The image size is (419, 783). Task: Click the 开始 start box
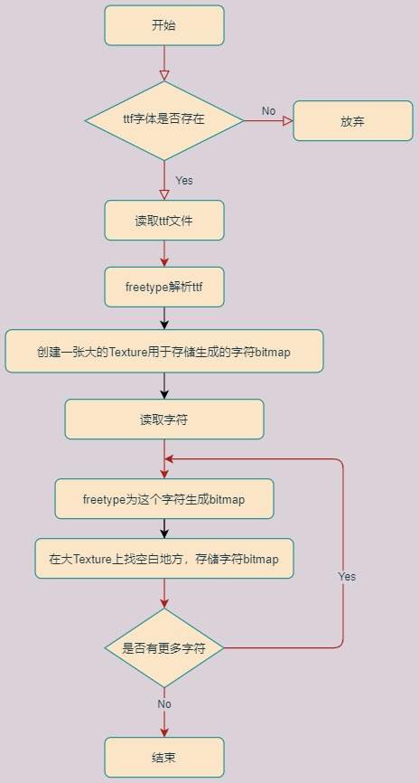tap(164, 25)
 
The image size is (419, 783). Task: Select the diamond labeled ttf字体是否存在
tap(164, 120)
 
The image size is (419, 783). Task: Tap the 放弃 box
tap(353, 121)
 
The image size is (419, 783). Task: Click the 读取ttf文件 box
tap(164, 221)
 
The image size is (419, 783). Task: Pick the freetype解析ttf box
tap(164, 288)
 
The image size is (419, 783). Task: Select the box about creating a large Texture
tap(164, 351)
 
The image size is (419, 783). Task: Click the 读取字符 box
tap(164, 420)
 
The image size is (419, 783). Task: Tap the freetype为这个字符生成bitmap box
tap(164, 499)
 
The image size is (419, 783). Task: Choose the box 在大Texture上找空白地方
tap(164, 558)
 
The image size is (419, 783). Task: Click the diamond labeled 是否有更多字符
tap(164, 647)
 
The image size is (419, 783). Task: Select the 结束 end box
tap(164, 757)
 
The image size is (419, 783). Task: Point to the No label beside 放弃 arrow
tap(268, 111)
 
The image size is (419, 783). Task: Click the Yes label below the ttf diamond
tap(184, 181)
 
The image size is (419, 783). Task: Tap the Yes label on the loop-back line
tap(347, 577)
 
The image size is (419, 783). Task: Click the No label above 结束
tap(164, 704)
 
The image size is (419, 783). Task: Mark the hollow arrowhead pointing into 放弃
tap(288, 121)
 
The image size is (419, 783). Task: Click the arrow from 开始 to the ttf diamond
tap(164, 63)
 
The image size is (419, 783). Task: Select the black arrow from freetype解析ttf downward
tap(164, 318)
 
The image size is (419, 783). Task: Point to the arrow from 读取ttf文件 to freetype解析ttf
tap(164, 254)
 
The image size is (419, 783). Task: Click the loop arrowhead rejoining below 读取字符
tap(169, 459)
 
